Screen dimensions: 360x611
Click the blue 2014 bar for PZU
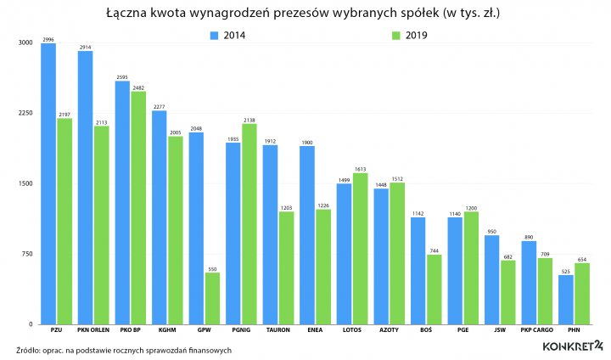(x=48, y=183)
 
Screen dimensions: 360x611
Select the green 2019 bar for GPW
(x=212, y=298)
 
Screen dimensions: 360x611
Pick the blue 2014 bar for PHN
(x=566, y=300)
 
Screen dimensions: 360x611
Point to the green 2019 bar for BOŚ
(x=434, y=290)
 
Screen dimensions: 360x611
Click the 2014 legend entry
(x=229, y=36)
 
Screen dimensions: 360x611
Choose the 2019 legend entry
(x=409, y=36)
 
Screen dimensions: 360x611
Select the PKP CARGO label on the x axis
(x=536, y=330)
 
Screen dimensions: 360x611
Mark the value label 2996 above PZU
(x=48, y=39)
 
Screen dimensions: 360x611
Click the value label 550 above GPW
(x=212, y=268)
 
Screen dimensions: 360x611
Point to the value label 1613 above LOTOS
(x=360, y=169)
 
